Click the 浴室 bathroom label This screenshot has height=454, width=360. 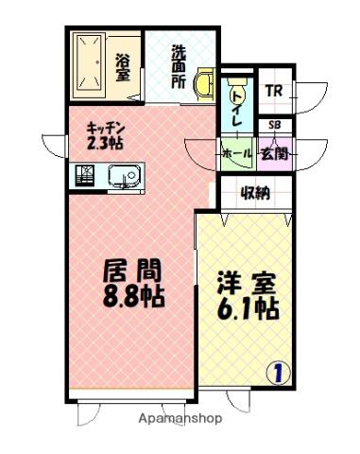pyautogui.click(x=123, y=67)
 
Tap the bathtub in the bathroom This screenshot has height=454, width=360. pyautogui.click(x=89, y=62)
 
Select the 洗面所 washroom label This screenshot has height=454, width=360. pyautogui.click(x=179, y=66)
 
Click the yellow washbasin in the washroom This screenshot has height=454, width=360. pyautogui.click(x=204, y=84)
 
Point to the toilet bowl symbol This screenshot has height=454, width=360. pyautogui.click(x=237, y=83)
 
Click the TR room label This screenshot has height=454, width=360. pyautogui.click(x=274, y=91)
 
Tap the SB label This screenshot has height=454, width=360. pyautogui.click(x=275, y=125)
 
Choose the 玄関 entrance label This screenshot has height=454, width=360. pyautogui.click(x=275, y=154)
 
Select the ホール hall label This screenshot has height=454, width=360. pyautogui.click(x=237, y=154)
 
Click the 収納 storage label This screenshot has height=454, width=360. pyautogui.click(x=255, y=193)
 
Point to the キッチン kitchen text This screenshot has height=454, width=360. pyautogui.click(x=106, y=129)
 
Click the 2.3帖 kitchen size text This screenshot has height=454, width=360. pyautogui.click(x=105, y=143)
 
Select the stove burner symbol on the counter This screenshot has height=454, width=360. pyautogui.click(x=85, y=175)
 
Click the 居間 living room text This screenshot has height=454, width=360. pyautogui.click(x=132, y=271)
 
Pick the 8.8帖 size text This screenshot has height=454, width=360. pyautogui.click(x=134, y=296)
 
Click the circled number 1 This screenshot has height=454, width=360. pyautogui.click(x=279, y=374)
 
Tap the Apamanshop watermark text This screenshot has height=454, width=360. pyautogui.click(x=180, y=419)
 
